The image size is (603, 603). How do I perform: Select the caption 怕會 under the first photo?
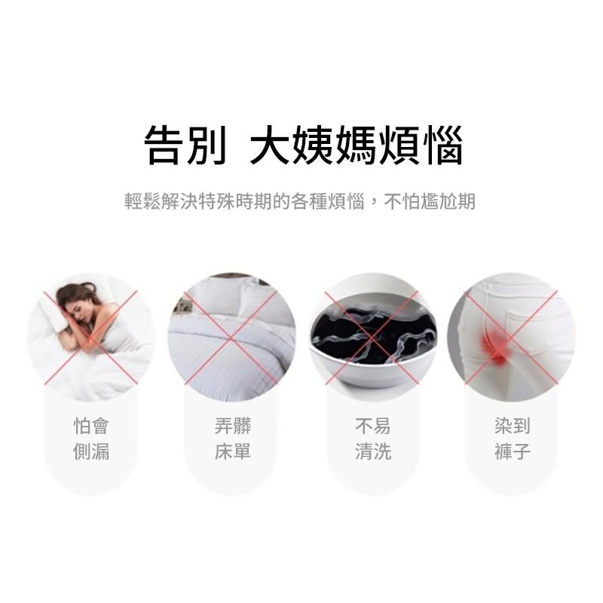click(91, 427)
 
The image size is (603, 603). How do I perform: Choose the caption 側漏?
click(91, 452)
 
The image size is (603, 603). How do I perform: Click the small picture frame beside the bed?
click(182, 306)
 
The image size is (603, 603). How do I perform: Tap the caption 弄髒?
click(232, 427)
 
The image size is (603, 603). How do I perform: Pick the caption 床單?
click(232, 452)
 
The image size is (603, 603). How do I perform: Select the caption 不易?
click(373, 427)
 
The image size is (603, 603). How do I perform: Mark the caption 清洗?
click(373, 452)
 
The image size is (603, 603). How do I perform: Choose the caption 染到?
click(513, 427)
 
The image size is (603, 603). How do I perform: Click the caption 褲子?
click(513, 452)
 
